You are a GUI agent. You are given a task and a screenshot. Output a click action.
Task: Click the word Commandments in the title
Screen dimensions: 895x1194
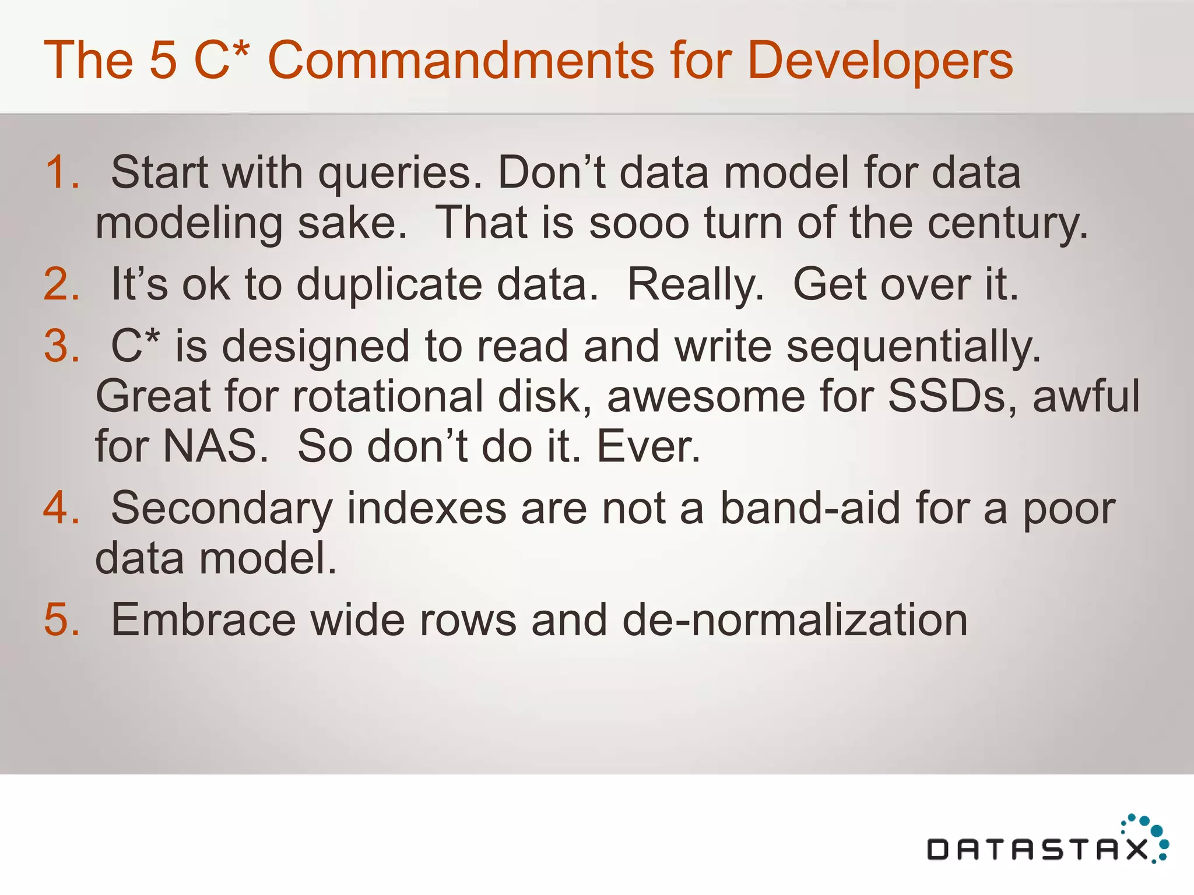coord(461,61)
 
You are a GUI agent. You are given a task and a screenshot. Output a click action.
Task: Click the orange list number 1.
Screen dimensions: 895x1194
coord(62,172)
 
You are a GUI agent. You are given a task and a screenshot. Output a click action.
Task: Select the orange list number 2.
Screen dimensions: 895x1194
coord(62,284)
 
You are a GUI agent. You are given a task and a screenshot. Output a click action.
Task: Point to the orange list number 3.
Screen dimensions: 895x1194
coord(62,346)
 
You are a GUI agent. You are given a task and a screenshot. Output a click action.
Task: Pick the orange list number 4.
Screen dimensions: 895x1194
coord(62,508)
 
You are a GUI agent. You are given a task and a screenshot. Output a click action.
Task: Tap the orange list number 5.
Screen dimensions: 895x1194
coord(62,619)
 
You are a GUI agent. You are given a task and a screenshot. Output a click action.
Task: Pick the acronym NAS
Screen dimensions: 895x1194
coord(216,446)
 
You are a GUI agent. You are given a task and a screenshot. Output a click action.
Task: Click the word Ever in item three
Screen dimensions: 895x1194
coord(648,446)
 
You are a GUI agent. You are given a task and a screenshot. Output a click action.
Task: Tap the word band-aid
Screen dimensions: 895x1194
coord(810,508)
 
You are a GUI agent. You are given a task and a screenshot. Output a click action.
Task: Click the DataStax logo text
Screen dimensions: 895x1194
coord(1038,850)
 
